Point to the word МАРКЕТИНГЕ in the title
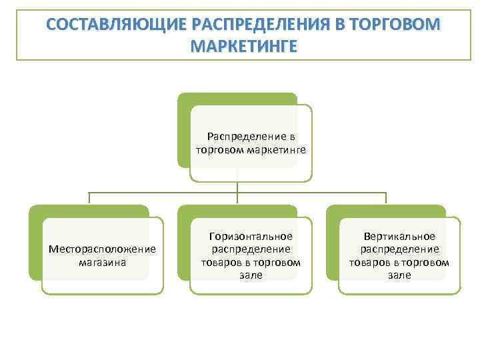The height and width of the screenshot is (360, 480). click(x=244, y=48)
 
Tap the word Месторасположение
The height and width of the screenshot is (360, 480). click(x=103, y=249)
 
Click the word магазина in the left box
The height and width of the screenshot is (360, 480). click(x=103, y=262)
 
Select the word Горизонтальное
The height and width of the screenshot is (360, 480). click(x=251, y=237)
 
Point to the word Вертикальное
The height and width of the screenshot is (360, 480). click(x=399, y=237)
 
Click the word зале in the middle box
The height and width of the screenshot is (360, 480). click(x=251, y=275)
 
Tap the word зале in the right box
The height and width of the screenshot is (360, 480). click(x=399, y=275)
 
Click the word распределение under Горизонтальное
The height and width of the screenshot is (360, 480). click(x=251, y=249)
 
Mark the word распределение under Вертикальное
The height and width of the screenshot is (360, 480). click(x=399, y=249)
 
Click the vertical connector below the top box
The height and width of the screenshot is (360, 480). click(x=238, y=190)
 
